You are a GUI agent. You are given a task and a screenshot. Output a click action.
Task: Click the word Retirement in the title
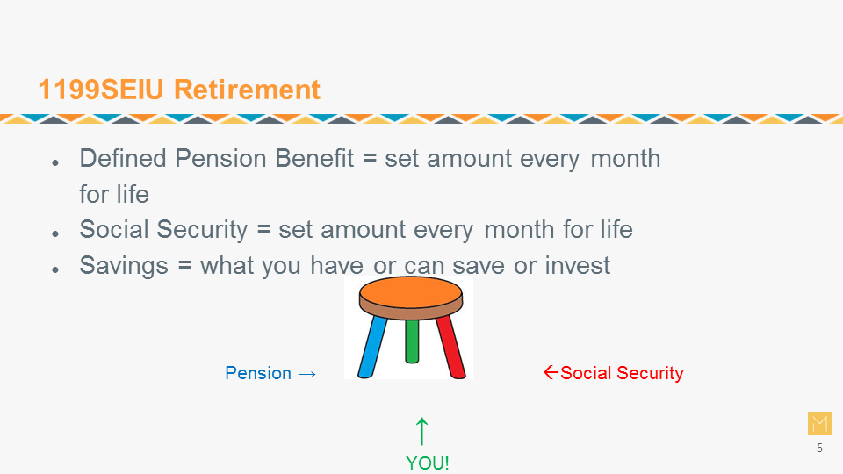click(x=247, y=90)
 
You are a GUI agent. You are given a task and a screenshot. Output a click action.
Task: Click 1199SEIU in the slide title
click(x=100, y=90)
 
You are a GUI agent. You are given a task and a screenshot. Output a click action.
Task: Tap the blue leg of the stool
click(x=372, y=347)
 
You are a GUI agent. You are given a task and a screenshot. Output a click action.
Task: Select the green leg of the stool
click(x=412, y=341)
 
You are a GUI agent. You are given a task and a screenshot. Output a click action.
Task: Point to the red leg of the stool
click(x=450, y=347)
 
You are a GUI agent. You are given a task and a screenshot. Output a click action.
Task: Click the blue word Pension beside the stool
click(x=258, y=373)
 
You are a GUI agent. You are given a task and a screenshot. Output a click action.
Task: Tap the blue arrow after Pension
click(x=307, y=374)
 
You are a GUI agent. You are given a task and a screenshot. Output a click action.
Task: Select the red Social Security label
click(x=622, y=372)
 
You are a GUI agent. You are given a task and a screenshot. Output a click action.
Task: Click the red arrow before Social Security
click(x=551, y=372)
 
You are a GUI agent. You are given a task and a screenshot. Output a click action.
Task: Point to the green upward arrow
click(x=422, y=432)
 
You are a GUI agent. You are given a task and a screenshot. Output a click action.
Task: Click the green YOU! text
click(x=428, y=463)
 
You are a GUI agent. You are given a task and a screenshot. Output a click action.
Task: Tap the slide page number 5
click(x=819, y=449)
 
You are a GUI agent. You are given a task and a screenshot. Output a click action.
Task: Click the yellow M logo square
click(x=819, y=423)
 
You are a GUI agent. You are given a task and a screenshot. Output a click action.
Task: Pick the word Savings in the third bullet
click(x=124, y=265)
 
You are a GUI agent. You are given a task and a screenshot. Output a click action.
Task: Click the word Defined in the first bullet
click(x=123, y=159)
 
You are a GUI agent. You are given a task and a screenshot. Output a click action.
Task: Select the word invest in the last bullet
click(x=578, y=265)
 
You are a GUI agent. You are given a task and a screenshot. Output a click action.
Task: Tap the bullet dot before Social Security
click(x=55, y=233)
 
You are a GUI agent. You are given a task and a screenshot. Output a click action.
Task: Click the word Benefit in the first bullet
click(x=314, y=159)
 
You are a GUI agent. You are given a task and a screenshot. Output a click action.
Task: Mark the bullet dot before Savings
click(x=55, y=269)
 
